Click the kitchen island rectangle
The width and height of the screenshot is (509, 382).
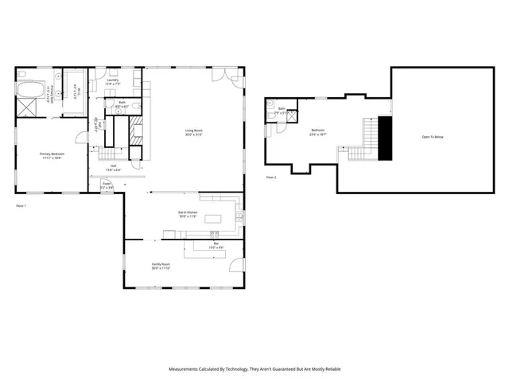(x=212, y=218)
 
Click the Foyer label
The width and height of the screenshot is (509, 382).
(x=107, y=185)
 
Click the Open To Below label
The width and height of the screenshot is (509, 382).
(x=433, y=137)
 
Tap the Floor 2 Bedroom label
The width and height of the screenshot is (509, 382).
(x=317, y=131)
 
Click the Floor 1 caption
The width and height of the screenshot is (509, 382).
(x=21, y=205)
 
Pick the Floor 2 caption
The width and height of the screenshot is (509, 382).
(x=271, y=177)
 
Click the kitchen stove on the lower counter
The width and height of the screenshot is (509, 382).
(x=214, y=233)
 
